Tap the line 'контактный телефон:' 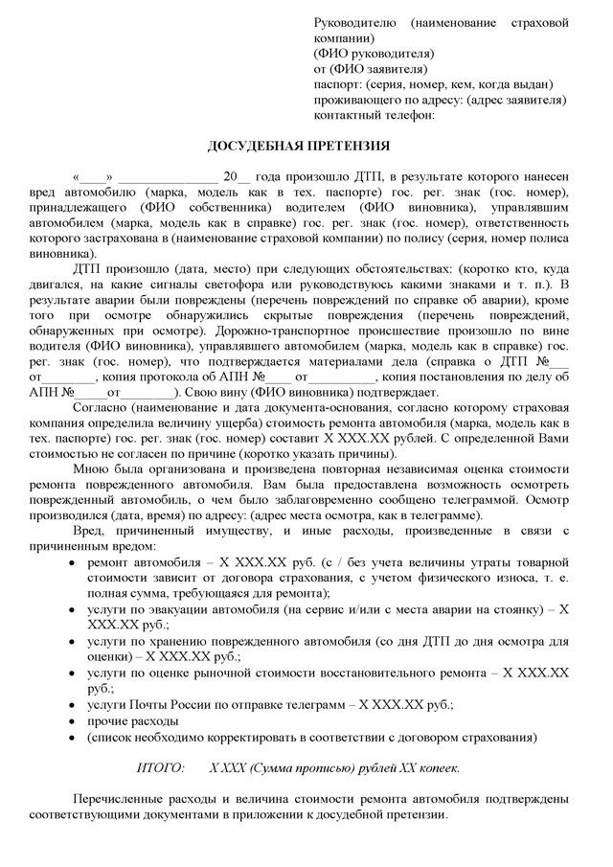click(x=374, y=113)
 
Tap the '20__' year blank click(x=237, y=178)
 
